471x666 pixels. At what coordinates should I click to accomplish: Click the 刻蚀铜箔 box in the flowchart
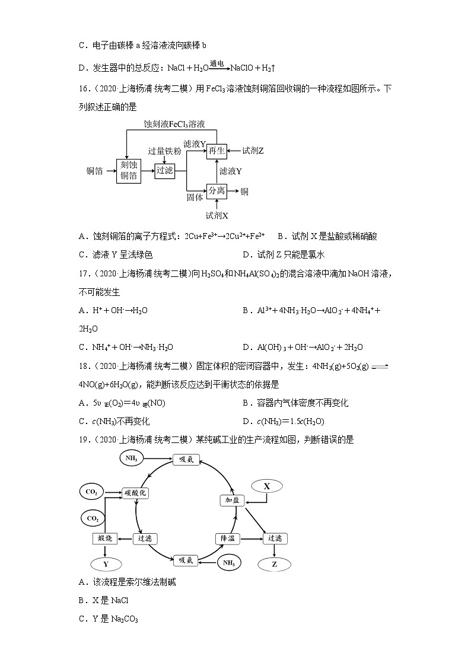[129, 170]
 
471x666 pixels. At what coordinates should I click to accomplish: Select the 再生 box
[217, 151]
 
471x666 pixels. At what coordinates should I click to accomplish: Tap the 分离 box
[217, 191]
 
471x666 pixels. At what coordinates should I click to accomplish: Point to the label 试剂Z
[252, 151]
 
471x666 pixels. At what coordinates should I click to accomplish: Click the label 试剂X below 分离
[217, 215]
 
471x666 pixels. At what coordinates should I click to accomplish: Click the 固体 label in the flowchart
[195, 197]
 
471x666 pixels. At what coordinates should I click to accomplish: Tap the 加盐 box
[232, 500]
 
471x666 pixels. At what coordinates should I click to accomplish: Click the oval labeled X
[267, 486]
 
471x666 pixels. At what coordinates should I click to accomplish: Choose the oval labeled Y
[106, 564]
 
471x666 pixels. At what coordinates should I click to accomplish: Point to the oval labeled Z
[275, 564]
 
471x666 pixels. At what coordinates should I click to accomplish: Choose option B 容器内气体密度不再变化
[295, 403]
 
